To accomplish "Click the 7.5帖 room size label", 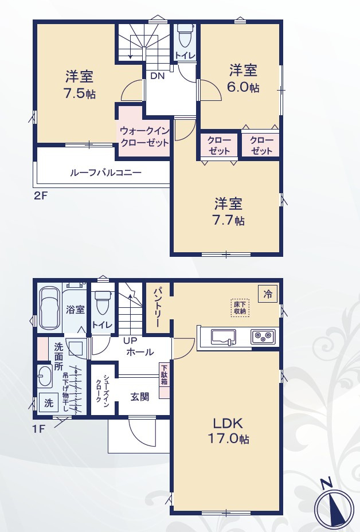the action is [x=80, y=93].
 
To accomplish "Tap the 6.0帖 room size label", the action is [x=243, y=87].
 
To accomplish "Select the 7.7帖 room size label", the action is [x=228, y=221].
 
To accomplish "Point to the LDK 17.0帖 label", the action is [x=228, y=431].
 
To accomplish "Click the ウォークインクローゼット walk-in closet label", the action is [x=144, y=136].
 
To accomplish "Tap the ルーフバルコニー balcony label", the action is [x=105, y=173].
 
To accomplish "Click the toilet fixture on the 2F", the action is [x=185, y=36].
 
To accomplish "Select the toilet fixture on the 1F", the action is [x=102, y=303].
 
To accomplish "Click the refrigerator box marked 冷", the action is [x=268, y=294].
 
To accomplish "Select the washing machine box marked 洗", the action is [x=49, y=403].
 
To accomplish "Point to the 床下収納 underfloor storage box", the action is [x=240, y=308].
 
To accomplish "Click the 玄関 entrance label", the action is [x=140, y=397].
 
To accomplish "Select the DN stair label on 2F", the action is [x=158, y=76].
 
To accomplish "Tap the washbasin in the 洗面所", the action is [x=45, y=376].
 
